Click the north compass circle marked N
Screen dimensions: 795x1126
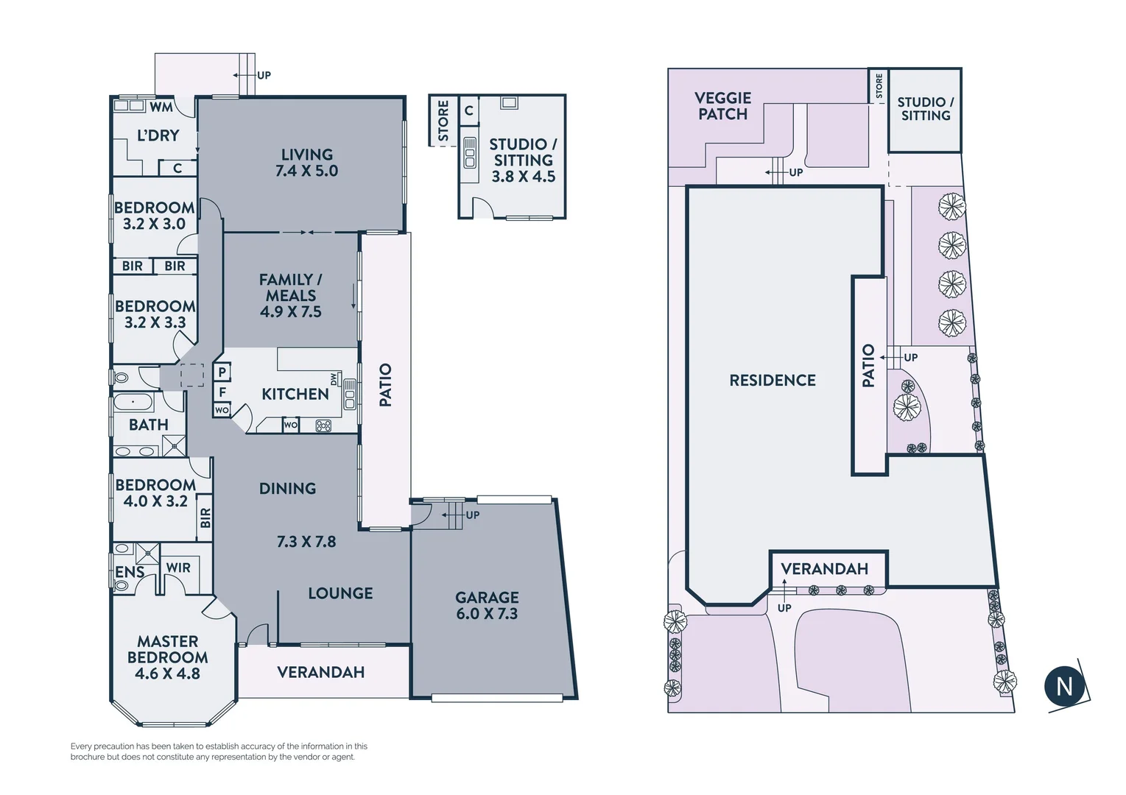pyautogui.click(x=1065, y=686)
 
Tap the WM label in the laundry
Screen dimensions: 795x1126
pyautogui.click(x=161, y=107)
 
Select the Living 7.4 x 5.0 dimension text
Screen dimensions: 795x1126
pyautogui.click(x=306, y=171)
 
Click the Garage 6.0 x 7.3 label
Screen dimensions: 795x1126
pyautogui.click(x=487, y=605)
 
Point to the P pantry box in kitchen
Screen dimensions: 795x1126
pyautogui.click(x=222, y=372)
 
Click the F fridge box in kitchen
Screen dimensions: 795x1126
pyautogui.click(x=222, y=392)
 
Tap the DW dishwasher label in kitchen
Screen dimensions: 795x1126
pyautogui.click(x=334, y=379)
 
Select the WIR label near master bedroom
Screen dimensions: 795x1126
pyautogui.click(x=178, y=568)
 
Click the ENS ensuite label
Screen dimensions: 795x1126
pyautogui.click(x=130, y=572)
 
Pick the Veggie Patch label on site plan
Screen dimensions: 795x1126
pyautogui.click(x=722, y=106)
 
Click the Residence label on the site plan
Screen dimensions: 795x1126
pyautogui.click(x=773, y=381)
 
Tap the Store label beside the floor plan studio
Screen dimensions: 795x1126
pyautogui.click(x=443, y=121)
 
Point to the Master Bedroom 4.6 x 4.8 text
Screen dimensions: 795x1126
pyautogui.click(x=167, y=657)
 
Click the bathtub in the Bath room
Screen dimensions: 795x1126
pyautogui.click(x=133, y=403)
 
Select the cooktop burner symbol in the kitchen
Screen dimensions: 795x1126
pyautogui.click(x=323, y=425)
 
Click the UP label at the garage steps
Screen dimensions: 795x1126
pyautogui.click(x=472, y=515)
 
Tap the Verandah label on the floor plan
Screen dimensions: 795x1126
pyautogui.click(x=320, y=672)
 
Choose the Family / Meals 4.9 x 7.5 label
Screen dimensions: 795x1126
pyautogui.click(x=290, y=295)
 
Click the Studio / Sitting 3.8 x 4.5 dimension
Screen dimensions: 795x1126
pyautogui.click(x=523, y=177)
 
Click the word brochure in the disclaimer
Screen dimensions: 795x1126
pyautogui.click(x=88, y=757)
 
